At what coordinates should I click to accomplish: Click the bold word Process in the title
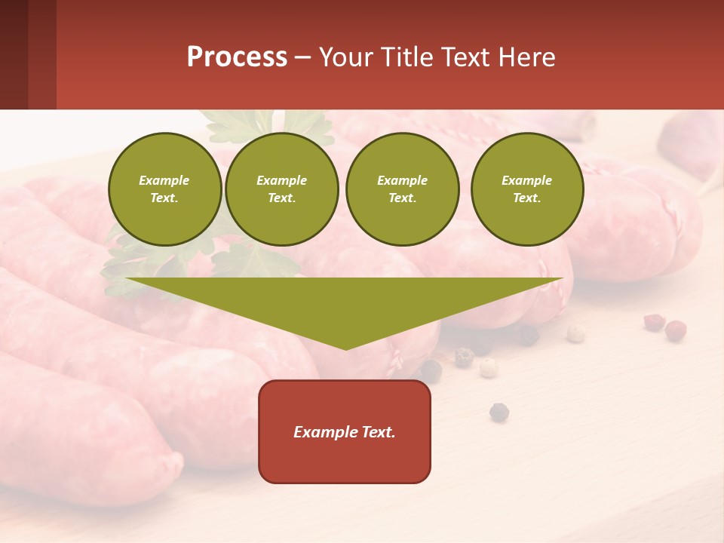coord(237,57)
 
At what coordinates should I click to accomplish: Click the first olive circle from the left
coord(164,189)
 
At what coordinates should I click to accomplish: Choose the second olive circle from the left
coord(281,189)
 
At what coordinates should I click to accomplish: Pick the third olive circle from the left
coord(402,189)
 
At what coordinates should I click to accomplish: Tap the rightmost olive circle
coord(526,189)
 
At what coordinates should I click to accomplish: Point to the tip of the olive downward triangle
coord(346,348)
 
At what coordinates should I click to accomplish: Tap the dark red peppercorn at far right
coord(675,329)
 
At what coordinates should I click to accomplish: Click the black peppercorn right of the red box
coord(499,412)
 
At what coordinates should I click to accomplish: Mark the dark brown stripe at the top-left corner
coord(14,54)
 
